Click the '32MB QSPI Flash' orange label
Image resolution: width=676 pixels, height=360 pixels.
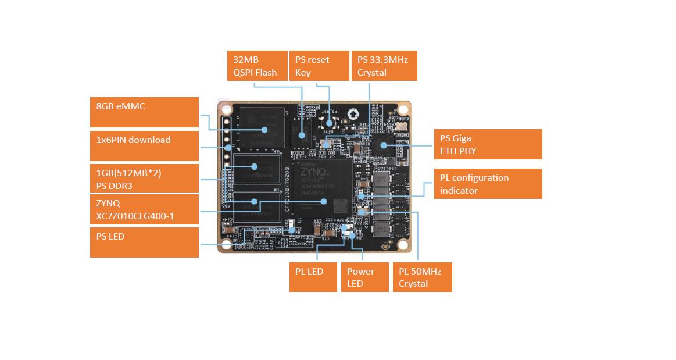257,66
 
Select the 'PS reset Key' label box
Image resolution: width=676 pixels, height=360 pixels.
317,66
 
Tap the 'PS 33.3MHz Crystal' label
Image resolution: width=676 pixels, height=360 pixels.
384,66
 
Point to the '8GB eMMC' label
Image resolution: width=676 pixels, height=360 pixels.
145,112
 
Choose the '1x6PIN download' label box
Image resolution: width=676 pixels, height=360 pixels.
145,146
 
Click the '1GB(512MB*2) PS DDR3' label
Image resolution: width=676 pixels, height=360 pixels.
145,179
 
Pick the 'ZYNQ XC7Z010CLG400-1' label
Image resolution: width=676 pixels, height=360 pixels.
145,209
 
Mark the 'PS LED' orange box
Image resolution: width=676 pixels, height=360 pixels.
145,242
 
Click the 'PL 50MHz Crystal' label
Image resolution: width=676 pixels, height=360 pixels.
423,277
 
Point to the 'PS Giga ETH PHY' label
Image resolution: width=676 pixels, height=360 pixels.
488,144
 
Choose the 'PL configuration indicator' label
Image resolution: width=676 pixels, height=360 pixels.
488,184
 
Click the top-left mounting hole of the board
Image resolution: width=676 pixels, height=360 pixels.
226,109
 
